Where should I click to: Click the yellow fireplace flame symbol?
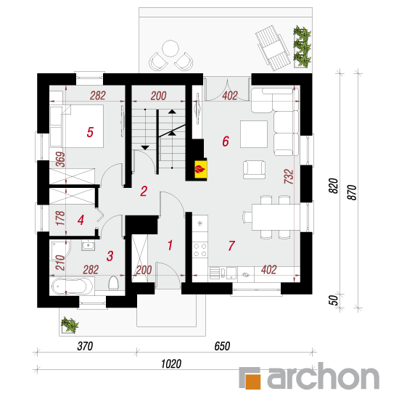(x=200, y=169)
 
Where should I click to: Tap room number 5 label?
(x=90, y=132)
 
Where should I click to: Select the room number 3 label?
(x=110, y=256)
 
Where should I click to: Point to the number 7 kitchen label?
(x=231, y=246)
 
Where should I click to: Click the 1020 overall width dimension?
(x=171, y=364)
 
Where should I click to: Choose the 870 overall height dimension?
(x=352, y=193)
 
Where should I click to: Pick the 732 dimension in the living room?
(x=289, y=176)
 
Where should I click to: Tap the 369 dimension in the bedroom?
(x=60, y=160)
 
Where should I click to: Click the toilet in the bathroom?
(x=113, y=284)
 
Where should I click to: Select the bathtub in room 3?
(x=73, y=287)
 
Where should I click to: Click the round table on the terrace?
(x=170, y=49)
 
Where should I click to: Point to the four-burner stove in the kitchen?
(x=200, y=250)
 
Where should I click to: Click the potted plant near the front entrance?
(x=70, y=325)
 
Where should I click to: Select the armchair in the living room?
(x=254, y=170)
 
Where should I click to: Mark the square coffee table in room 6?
(x=254, y=134)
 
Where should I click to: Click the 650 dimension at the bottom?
(x=222, y=346)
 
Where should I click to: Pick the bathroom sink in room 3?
(x=89, y=245)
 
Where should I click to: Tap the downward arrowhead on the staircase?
(x=145, y=147)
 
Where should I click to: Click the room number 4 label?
(x=81, y=220)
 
